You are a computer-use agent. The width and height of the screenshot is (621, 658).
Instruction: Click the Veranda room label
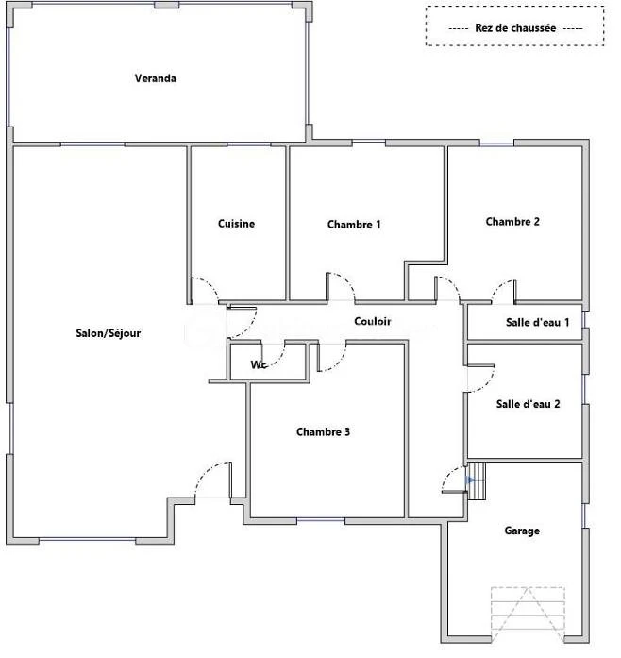(x=155, y=78)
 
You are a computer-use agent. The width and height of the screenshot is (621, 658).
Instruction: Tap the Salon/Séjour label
(x=109, y=333)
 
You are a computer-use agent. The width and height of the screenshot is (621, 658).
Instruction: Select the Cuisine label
(x=236, y=224)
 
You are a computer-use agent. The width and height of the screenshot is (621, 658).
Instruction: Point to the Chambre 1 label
(x=354, y=225)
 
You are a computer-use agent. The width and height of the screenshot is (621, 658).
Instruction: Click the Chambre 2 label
(x=512, y=222)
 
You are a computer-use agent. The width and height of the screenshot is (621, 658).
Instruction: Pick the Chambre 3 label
(x=323, y=432)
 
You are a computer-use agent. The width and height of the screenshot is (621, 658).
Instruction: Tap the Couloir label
(x=373, y=321)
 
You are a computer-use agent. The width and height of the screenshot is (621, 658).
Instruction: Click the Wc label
(x=259, y=364)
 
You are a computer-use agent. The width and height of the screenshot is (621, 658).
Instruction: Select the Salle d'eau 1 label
(x=538, y=322)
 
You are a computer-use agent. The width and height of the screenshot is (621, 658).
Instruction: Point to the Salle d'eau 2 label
(x=529, y=404)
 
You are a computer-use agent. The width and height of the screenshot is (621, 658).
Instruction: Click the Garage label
(x=522, y=531)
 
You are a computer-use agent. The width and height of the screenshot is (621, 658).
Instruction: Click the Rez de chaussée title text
(x=515, y=28)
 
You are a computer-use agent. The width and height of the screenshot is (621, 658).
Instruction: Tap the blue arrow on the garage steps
(x=470, y=481)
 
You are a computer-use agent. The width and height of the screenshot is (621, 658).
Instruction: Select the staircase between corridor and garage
(x=477, y=481)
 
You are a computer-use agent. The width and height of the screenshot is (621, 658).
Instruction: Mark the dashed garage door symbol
(x=528, y=615)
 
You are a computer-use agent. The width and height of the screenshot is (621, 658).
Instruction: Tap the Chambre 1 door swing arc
(x=347, y=279)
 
